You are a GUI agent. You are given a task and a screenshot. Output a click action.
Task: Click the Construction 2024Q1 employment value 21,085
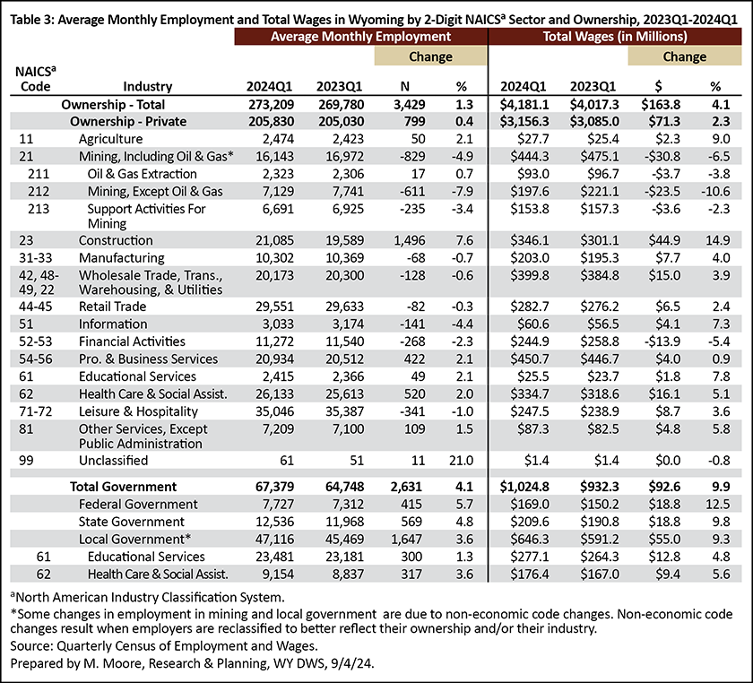coord(274,240)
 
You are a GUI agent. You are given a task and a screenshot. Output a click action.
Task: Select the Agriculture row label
coord(110,139)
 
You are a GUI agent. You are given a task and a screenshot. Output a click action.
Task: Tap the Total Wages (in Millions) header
coord(615,37)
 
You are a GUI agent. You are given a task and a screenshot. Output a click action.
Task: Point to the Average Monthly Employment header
coord(360,37)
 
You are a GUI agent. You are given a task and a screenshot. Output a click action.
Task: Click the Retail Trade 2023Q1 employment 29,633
coord(344,307)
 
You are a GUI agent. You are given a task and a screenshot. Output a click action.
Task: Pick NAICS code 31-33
coord(35,258)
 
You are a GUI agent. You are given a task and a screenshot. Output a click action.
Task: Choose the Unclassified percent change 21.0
coord(461,460)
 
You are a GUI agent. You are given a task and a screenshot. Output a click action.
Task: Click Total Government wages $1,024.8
coord(524,487)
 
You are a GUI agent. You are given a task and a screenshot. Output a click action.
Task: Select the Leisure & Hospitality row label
coord(138,411)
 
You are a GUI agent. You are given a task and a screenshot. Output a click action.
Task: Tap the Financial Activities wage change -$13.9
coord(662,341)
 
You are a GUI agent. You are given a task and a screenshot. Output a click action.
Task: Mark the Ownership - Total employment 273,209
coord(272,104)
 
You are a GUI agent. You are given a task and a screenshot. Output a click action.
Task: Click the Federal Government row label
coord(138,504)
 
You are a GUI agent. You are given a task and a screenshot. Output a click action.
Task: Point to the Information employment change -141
coord(412,324)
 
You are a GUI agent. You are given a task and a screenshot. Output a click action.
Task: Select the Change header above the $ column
coord(684,56)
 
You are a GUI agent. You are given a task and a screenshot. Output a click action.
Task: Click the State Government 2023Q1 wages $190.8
coord(599,522)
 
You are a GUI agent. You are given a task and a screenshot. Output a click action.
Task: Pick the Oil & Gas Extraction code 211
coord(39,174)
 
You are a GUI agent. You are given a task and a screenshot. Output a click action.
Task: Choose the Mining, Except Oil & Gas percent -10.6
coord(715,191)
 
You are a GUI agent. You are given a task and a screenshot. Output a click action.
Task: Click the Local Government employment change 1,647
coord(406,539)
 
